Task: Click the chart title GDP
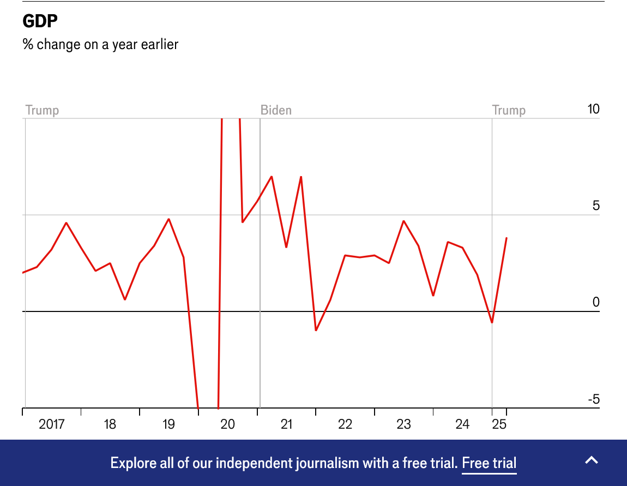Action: click(x=40, y=21)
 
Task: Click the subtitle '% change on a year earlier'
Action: click(x=100, y=44)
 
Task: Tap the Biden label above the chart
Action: click(x=276, y=110)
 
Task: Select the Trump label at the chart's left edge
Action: click(x=42, y=110)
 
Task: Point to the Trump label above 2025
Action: click(x=509, y=110)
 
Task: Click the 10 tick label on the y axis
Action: click(x=593, y=109)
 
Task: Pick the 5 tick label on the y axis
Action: click(x=596, y=206)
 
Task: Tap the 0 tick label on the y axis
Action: click(x=596, y=302)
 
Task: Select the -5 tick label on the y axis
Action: click(x=593, y=399)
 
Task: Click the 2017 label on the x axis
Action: click(x=52, y=424)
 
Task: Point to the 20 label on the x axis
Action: click(x=227, y=424)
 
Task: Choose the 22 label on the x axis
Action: click(x=345, y=424)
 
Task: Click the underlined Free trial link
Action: click(x=489, y=464)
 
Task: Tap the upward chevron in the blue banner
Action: click(x=592, y=460)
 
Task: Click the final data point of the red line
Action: click(x=507, y=238)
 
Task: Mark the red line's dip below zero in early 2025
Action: click(x=492, y=322)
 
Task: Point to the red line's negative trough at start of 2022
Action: click(x=316, y=331)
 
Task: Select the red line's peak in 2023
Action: click(x=403, y=221)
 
